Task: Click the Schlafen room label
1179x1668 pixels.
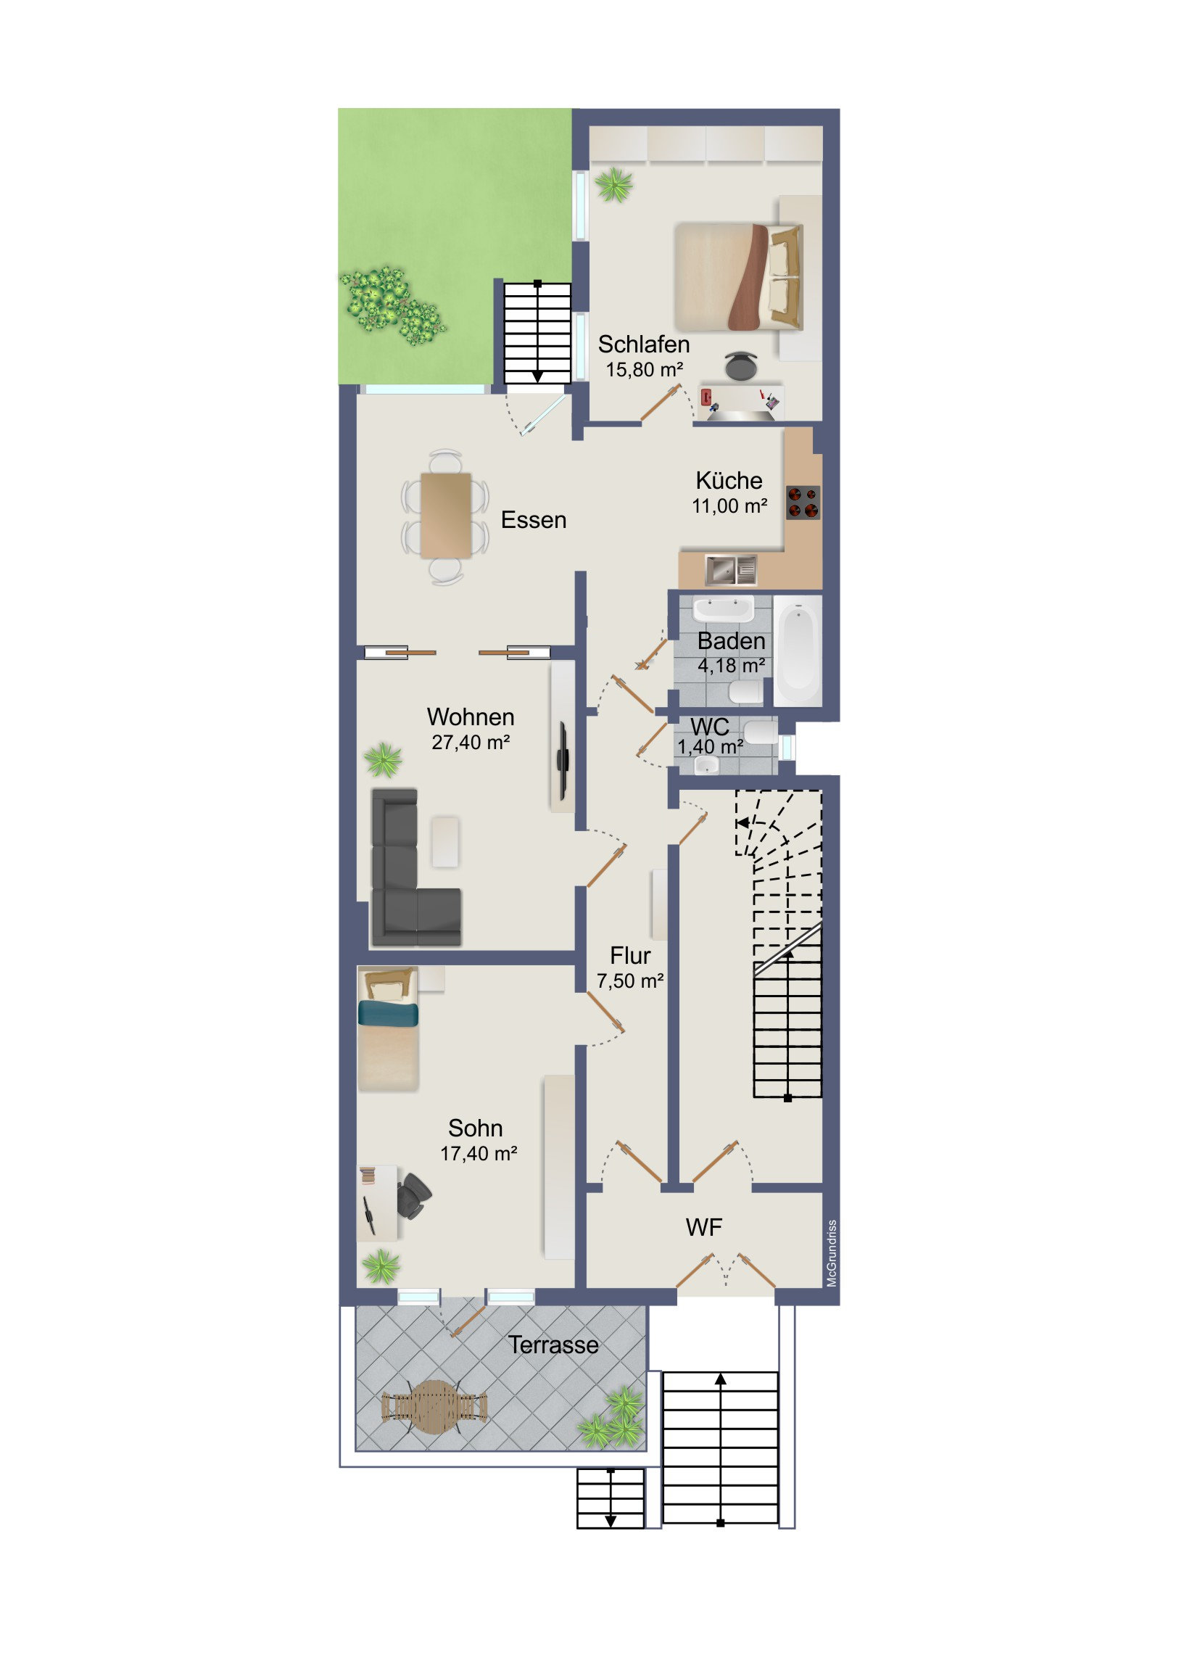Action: click(x=644, y=344)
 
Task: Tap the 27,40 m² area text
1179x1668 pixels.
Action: click(x=471, y=743)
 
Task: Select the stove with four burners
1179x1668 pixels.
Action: click(x=803, y=503)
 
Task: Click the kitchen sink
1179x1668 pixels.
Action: click(x=731, y=570)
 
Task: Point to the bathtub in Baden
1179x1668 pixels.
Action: click(x=797, y=651)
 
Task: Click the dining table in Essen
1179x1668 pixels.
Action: click(x=446, y=516)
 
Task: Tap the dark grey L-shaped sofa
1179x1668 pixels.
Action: click(x=414, y=868)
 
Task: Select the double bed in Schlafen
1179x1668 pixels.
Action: click(x=739, y=277)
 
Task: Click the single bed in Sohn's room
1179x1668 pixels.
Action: click(x=388, y=1028)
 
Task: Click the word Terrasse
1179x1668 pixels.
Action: click(x=553, y=1345)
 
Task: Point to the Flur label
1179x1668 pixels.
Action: click(x=630, y=955)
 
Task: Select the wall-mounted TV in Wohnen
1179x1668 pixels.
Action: click(x=563, y=759)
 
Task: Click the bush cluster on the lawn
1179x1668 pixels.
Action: click(x=392, y=306)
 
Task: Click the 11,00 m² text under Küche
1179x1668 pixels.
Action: click(x=729, y=506)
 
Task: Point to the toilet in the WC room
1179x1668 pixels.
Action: click(x=761, y=732)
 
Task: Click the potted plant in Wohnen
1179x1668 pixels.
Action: click(x=383, y=760)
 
